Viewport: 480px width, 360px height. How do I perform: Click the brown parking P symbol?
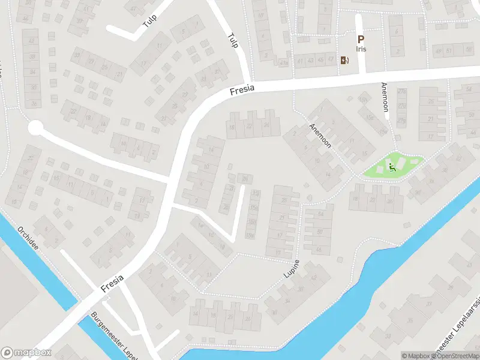(x=361, y=39)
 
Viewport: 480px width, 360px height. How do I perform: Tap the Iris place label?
(x=361, y=49)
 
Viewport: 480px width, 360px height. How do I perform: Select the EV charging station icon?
(x=344, y=60)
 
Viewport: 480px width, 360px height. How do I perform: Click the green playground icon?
(x=392, y=167)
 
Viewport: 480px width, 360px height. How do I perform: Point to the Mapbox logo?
(x=26, y=353)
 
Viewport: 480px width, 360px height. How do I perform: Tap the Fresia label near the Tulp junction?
(x=242, y=90)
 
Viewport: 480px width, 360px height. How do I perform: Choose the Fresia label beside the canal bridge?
(x=112, y=284)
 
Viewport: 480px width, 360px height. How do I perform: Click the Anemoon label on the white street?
(x=385, y=97)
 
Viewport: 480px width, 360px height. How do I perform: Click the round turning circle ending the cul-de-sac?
(x=36, y=128)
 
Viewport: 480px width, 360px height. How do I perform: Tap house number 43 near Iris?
(x=310, y=60)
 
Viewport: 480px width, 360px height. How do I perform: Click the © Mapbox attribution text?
(x=417, y=356)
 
